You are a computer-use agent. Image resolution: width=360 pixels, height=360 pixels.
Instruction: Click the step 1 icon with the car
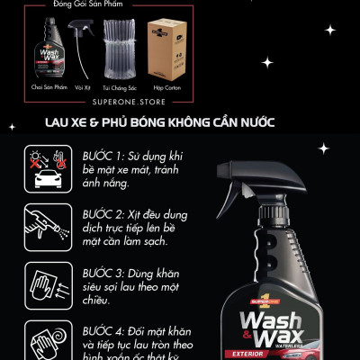pyautogui.click(x=43, y=169)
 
